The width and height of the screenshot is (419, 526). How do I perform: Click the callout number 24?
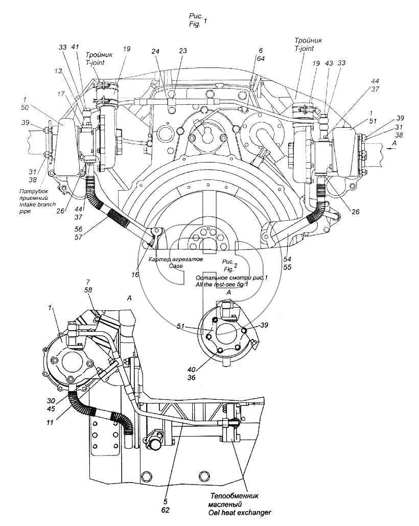pyautogui.click(x=155, y=51)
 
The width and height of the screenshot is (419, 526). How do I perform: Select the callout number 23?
pyautogui.click(x=183, y=51)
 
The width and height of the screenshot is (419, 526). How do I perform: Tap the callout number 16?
pyautogui.click(x=135, y=275)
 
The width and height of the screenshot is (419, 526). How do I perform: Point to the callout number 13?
pyautogui.click(x=58, y=71)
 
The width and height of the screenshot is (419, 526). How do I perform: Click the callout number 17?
pyautogui.click(x=61, y=94)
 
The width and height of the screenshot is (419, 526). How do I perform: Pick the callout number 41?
pyautogui.click(x=75, y=48)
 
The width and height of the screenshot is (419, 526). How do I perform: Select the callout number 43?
pyautogui.click(x=329, y=63)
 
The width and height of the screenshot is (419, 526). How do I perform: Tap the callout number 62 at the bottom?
pyautogui.click(x=165, y=510)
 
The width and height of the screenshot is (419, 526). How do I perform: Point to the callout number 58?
pyautogui.click(x=88, y=290)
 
